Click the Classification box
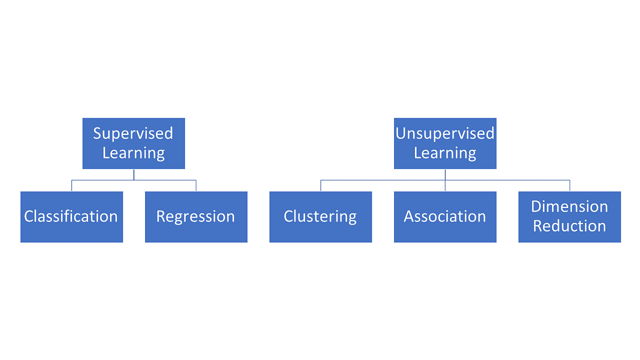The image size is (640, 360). click(x=71, y=217)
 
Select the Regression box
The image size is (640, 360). click(x=196, y=217)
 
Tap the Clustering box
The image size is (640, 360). click(x=320, y=217)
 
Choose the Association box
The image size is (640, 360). click(x=445, y=217)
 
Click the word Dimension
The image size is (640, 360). click(x=569, y=207)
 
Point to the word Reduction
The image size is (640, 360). click(x=569, y=226)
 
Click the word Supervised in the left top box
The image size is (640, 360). click(x=133, y=133)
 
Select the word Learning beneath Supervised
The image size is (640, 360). click(x=133, y=153)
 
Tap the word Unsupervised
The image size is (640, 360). click(x=445, y=133)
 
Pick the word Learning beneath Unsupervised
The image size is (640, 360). click(x=445, y=153)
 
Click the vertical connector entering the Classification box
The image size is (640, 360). click(x=72, y=186)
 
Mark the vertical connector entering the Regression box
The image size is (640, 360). click(x=196, y=186)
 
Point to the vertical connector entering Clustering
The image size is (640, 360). click(x=321, y=186)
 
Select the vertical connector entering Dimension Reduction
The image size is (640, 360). click(x=570, y=186)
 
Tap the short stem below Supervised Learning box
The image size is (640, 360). click(x=134, y=174)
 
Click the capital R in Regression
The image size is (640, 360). click(x=161, y=217)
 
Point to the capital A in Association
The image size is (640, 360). click(x=409, y=217)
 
